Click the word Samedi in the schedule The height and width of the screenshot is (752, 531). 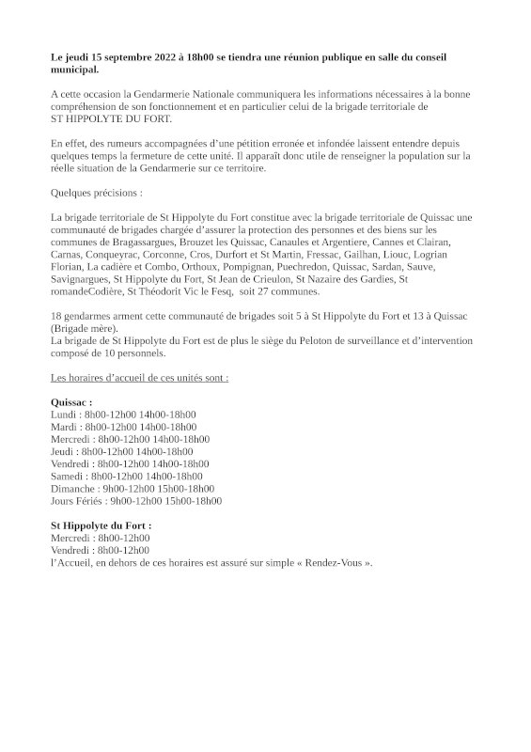coord(69,477)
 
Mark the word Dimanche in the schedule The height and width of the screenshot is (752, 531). coord(74,489)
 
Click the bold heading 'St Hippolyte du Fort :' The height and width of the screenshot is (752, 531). coord(101,525)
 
